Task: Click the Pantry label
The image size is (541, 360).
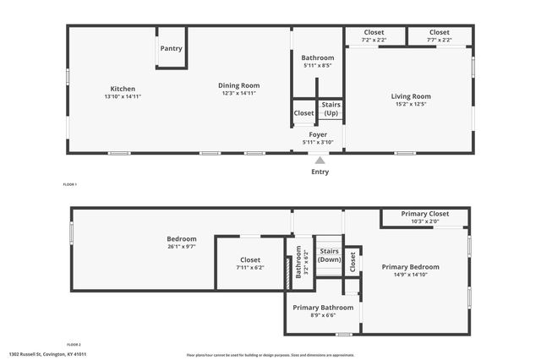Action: point(171,49)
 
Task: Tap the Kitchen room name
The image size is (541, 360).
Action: point(123,89)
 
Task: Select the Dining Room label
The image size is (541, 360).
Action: point(238,85)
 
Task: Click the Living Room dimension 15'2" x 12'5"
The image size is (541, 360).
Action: point(411,105)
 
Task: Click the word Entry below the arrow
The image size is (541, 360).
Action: point(320,172)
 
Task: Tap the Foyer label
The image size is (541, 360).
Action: point(318,134)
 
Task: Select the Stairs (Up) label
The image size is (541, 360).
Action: point(331,109)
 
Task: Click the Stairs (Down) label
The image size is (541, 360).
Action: point(329,255)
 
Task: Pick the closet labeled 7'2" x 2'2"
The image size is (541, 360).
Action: point(374,40)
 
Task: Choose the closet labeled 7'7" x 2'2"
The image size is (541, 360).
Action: point(440,40)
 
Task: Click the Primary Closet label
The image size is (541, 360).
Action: point(425,214)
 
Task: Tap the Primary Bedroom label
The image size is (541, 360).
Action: point(411,267)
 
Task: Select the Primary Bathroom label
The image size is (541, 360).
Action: point(323,308)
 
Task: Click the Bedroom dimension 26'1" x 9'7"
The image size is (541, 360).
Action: point(182,247)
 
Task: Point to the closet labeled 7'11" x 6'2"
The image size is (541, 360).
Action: point(250,267)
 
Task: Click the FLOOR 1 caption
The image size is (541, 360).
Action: point(70,184)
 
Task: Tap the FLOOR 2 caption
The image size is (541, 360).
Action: point(74,345)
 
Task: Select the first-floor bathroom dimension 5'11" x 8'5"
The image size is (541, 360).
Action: point(318,65)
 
